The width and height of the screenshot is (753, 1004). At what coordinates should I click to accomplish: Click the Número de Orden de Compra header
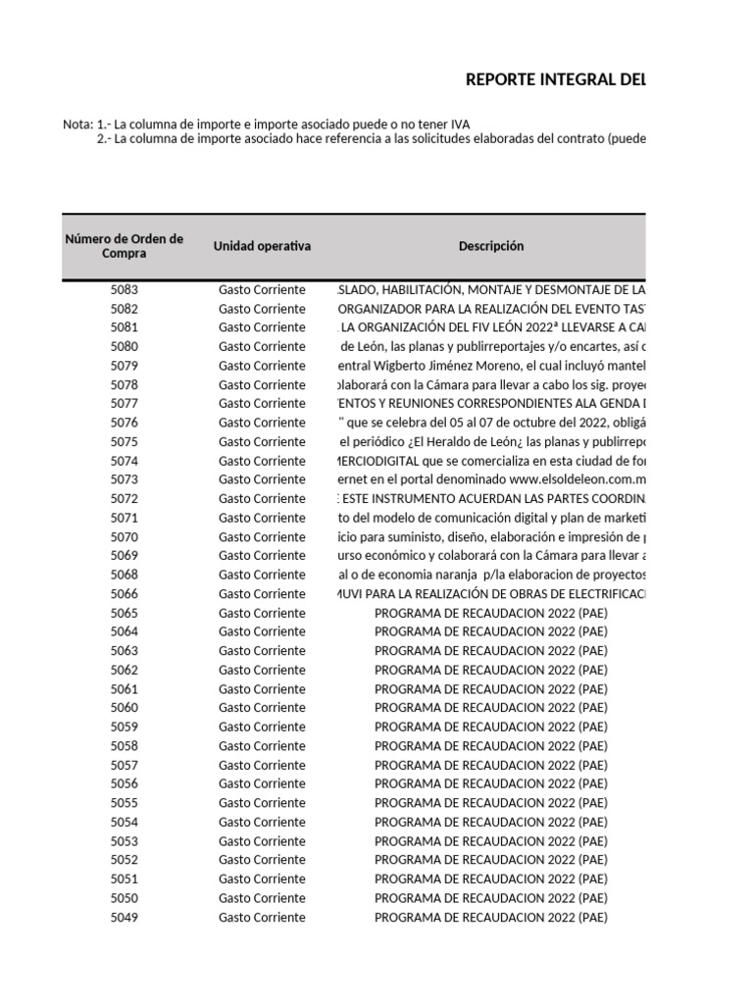tap(124, 246)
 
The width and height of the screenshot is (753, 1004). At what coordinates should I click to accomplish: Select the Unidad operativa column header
tap(262, 246)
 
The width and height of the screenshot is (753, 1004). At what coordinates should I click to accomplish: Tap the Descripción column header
tap(491, 246)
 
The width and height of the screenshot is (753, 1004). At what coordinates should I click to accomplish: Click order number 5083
tap(125, 290)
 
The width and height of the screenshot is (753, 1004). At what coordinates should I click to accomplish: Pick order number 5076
tap(125, 423)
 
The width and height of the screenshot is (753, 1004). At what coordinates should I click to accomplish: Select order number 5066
tap(125, 594)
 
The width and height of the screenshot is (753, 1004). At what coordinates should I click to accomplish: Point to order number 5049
tap(125, 918)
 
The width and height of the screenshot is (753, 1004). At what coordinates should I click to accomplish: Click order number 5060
tap(125, 708)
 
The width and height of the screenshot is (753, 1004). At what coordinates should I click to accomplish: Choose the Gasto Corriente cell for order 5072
tap(262, 499)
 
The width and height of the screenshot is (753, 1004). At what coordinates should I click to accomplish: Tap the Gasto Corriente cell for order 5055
tap(262, 803)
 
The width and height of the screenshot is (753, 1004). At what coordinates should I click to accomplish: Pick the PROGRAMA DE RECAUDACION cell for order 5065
tap(491, 613)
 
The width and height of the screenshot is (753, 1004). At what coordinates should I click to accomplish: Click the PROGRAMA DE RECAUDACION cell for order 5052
tap(491, 860)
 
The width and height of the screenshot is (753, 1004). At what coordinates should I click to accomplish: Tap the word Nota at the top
tap(76, 125)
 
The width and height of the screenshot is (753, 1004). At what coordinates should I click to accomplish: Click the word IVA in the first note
tap(458, 125)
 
